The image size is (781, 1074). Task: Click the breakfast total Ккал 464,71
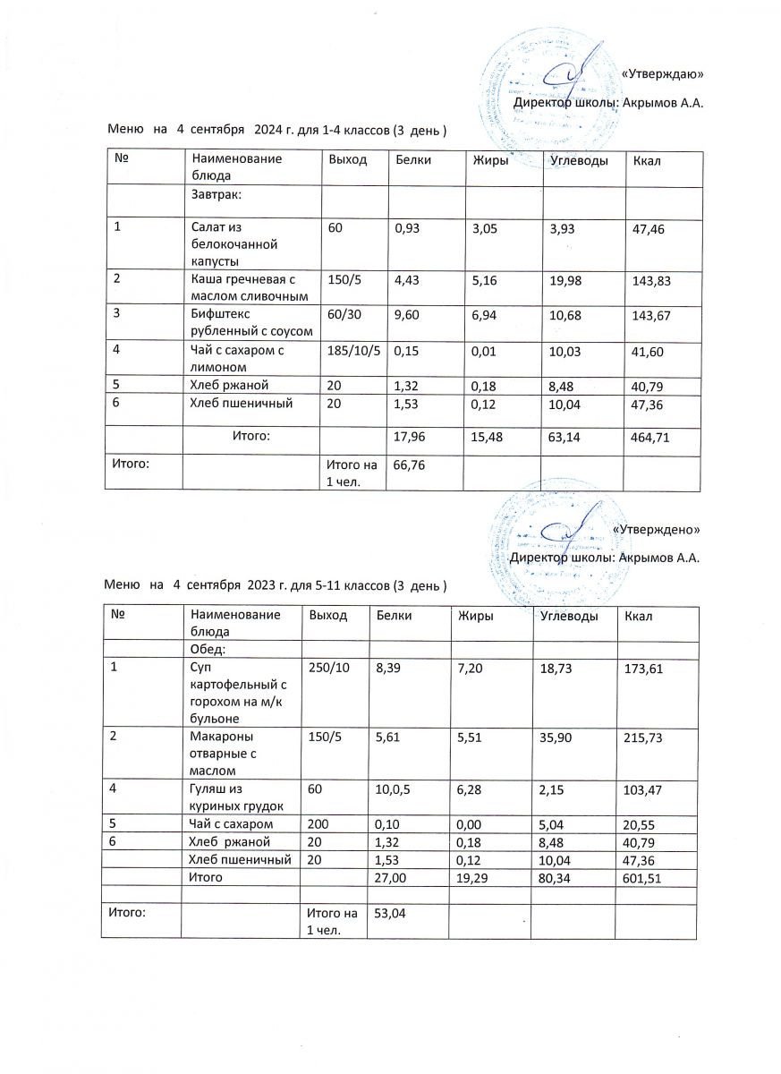point(651,438)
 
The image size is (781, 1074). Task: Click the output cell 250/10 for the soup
point(327,668)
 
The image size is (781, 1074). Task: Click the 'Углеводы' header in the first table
point(580,160)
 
